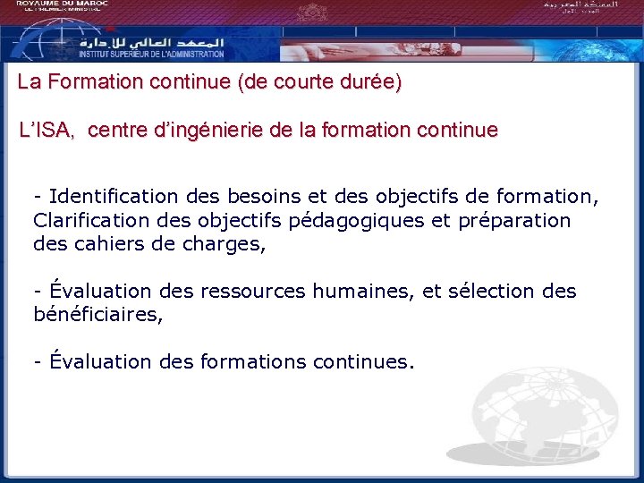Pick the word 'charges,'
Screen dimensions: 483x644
click(227, 243)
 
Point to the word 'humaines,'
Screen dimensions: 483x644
click(352, 292)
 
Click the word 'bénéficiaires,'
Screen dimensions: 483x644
click(98, 315)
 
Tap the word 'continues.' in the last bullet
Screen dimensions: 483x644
click(364, 362)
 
